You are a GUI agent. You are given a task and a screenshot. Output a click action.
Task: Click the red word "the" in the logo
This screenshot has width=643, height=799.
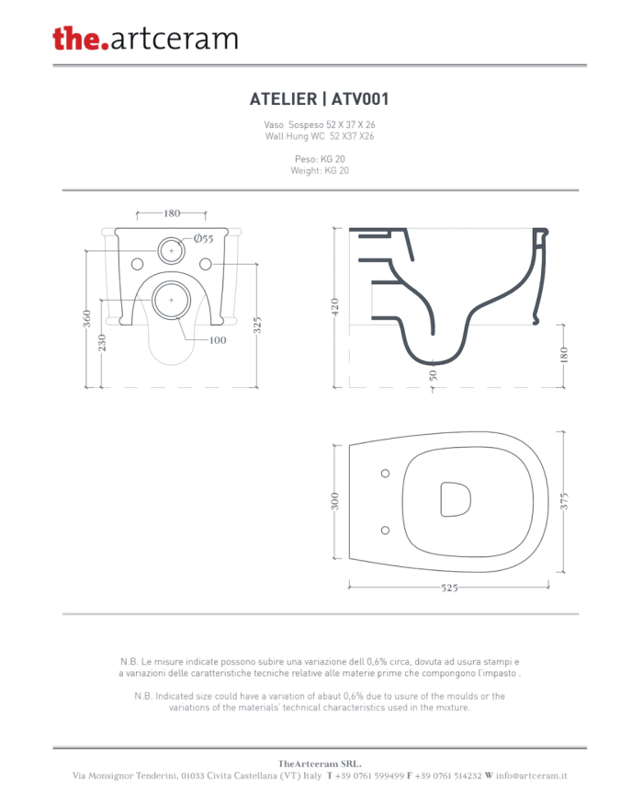pyautogui.click(x=76, y=38)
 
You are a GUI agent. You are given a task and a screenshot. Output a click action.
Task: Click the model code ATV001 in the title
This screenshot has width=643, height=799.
pyautogui.click(x=360, y=99)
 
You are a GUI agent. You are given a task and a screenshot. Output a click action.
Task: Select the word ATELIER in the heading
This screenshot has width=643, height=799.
pyautogui.click(x=283, y=99)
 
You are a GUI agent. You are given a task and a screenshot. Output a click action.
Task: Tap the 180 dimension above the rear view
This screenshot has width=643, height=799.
pyautogui.click(x=172, y=213)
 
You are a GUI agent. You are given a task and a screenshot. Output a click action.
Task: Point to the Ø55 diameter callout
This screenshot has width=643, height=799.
pyautogui.click(x=203, y=238)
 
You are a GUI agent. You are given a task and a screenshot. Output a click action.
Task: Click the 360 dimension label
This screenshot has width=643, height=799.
pyautogui.click(x=87, y=318)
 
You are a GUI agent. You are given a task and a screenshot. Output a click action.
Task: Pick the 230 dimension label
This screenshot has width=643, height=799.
pyautogui.click(x=102, y=342)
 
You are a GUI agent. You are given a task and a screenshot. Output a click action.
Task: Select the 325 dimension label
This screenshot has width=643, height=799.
pyautogui.click(x=257, y=325)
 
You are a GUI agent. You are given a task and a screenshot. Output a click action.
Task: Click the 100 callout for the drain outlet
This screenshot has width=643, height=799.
pyautogui.click(x=218, y=340)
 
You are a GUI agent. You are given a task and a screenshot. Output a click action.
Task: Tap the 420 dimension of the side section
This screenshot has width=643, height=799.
pyautogui.click(x=334, y=307)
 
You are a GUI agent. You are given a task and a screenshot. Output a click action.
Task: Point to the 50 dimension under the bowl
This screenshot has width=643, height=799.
pyautogui.click(x=433, y=375)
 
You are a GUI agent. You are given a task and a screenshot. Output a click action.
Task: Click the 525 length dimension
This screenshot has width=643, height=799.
pyautogui.click(x=449, y=588)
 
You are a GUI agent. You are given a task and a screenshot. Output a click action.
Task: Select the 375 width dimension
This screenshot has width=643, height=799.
pyautogui.click(x=564, y=501)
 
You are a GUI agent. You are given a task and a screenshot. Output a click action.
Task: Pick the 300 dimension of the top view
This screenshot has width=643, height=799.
pyautogui.click(x=334, y=501)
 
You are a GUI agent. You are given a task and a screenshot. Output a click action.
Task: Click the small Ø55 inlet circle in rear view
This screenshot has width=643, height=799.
pyautogui.click(x=171, y=251)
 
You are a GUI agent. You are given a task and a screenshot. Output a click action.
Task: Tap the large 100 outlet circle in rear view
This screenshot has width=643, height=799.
pyautogui.click(x=171, y=300)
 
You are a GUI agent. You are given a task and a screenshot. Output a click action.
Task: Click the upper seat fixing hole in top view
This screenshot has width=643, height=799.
pyautogui.click(x=386, y=474)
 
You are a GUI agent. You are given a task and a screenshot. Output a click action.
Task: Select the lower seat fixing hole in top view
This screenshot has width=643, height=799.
pyautogui.click(x=386, y=531)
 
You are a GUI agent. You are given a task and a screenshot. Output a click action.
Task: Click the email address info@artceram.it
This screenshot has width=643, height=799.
pyautogui.click(x=532, y=776)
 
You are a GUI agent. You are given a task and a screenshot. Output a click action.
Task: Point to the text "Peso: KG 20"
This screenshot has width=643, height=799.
pyautogui.click(x=320, y=159)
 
